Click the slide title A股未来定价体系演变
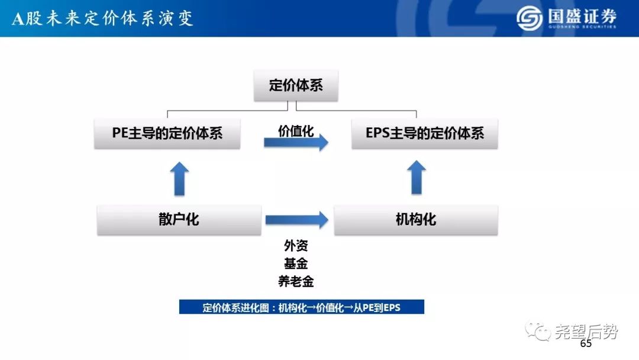coord(102,19)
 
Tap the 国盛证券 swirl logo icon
coord(530,18)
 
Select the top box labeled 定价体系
coord(296,85)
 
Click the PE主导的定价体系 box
coord(167,133)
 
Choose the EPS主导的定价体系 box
coord(425,133)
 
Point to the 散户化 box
coord(179,220)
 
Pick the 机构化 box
coord(416,220)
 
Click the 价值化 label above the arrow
coord(296,131)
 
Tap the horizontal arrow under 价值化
coord(296,142)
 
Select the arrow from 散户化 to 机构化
coord(296,220)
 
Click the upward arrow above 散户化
coord(179,179)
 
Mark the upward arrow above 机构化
coord(417,178)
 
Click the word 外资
coord(296,246)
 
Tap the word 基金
coord(296,263)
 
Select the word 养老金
coord(296,281)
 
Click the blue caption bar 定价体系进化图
coord(302,307)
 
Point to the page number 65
coord(586,343)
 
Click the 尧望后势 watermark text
coord(586,332)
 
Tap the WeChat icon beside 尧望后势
coord(538,331)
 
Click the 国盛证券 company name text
coord(582,17)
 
